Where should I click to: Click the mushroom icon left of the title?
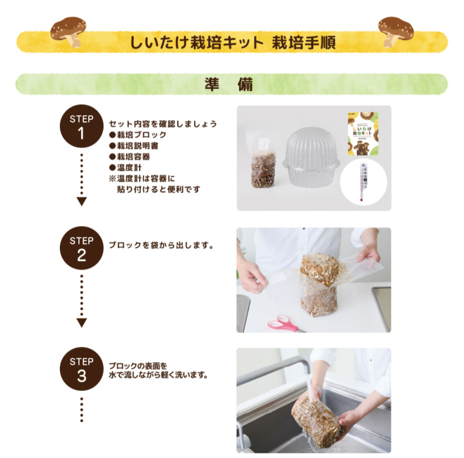[x=68, y=31]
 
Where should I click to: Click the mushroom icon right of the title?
[x=395, y=31]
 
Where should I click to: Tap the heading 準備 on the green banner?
[x=229, y=85]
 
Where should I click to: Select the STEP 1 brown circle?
[x=81, y=127]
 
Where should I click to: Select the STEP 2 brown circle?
[x=81, y=248]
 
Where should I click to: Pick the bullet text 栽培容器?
[x=135, y=157]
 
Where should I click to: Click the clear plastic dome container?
[x=311, y=157]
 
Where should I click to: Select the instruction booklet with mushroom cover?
[x=362, y=133]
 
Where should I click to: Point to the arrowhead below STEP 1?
[x=82, y=201]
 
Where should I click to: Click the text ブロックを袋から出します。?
[x=162, y=245]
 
